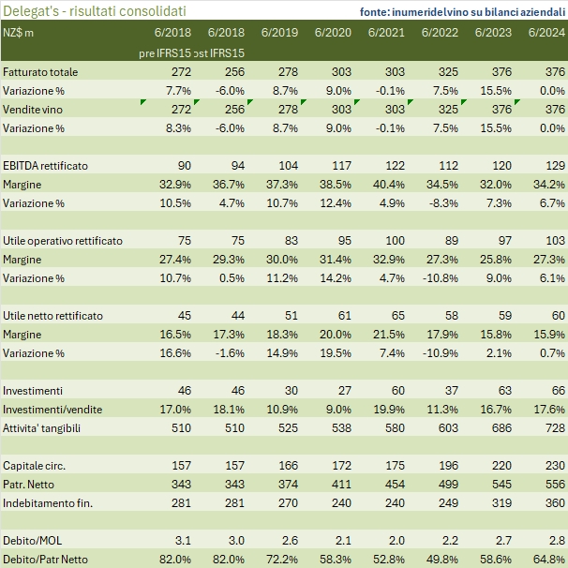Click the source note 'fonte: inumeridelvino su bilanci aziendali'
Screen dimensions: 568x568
click(462, 11)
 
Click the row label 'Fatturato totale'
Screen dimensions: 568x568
click(40, 72)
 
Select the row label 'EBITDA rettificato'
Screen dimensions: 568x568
click(45, 166)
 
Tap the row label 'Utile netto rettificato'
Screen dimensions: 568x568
click(53, 316)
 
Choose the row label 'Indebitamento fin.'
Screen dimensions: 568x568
click(48, 503)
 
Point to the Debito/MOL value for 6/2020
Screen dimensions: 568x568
click(344, 541)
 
